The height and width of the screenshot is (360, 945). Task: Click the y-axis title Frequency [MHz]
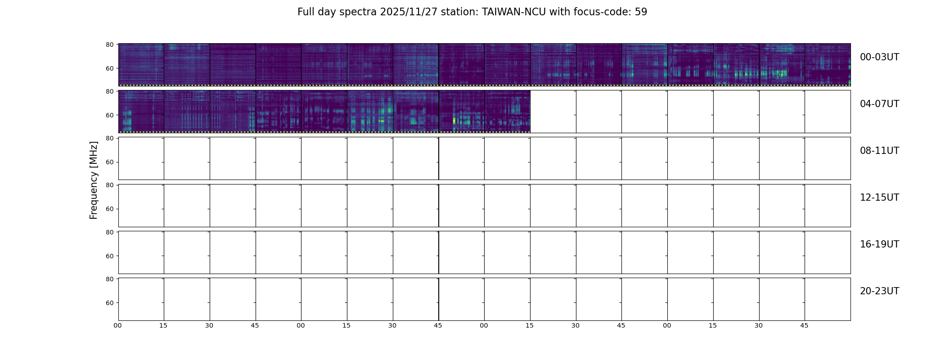[94, 180]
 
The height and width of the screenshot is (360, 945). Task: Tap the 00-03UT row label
[879, 57]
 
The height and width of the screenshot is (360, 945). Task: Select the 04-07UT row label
[879, 104]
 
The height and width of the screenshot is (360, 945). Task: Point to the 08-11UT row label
[879, 151]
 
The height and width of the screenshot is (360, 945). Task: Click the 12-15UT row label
[879, 198]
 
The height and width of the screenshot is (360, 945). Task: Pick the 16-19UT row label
[879, 244]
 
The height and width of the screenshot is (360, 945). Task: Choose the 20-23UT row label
[879, 291]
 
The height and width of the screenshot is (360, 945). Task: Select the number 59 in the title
[641, 12]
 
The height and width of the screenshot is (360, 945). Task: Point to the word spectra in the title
[358, 13]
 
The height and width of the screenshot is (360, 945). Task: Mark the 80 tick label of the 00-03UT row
[109, 45]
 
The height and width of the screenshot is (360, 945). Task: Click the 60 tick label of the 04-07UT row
[109, 115]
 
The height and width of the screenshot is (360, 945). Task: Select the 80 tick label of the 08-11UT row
[109, 138]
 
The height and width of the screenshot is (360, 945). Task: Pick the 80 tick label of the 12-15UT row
[109, 185]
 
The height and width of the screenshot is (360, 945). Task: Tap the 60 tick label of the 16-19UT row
[109, 256]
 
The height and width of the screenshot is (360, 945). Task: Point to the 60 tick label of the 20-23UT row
[109, 303]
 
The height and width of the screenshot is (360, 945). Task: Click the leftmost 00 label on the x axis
[118, 325]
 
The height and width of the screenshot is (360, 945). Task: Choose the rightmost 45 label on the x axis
[804, 325]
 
